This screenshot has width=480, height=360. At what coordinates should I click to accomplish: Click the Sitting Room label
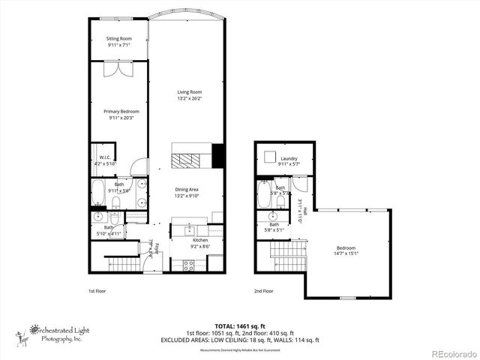(x=118, y=38)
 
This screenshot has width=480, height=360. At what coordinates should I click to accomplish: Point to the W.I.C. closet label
(x=105, y=157)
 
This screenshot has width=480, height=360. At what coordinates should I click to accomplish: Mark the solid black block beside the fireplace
(x=218, y=155)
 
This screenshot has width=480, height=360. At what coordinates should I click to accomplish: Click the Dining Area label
(x=187, y=190)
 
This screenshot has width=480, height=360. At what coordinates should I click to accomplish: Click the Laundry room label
(x=289, y=159)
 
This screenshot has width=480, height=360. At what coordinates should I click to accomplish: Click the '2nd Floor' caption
(x=263, y=291)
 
